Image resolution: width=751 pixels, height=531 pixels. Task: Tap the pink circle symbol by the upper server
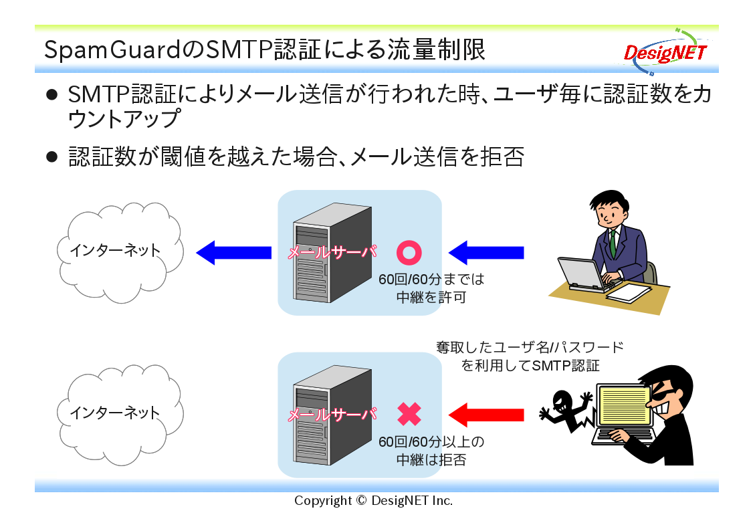409,253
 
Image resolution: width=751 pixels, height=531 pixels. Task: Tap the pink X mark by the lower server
409,415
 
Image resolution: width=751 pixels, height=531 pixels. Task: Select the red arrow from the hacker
486,415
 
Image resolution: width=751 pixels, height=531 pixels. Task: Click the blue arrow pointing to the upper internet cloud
234,253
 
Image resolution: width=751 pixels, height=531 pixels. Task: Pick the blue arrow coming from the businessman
486,253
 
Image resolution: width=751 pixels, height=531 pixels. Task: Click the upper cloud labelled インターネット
120,252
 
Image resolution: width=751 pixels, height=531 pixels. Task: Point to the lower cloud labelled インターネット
120,415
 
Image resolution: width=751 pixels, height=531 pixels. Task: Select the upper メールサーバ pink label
332,251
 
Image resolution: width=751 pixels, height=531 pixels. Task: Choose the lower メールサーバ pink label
332,414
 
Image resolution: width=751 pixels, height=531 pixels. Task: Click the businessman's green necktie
613,243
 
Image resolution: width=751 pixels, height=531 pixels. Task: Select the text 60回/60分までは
431,279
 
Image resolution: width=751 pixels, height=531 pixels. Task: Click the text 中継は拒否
431,459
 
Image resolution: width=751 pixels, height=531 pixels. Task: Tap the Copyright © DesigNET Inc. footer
373,501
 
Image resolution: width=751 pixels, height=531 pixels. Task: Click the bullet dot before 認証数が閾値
51,156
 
